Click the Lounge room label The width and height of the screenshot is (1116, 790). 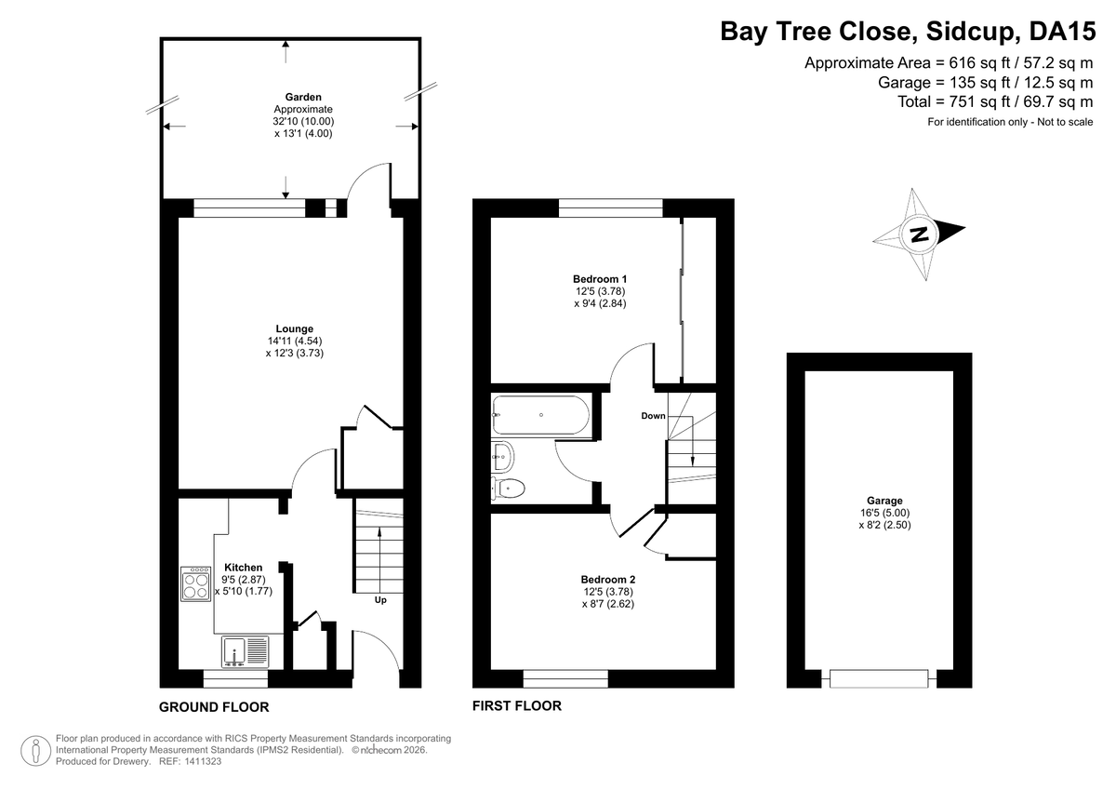coord(295,329)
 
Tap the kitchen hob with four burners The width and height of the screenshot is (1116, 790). coord(196,584)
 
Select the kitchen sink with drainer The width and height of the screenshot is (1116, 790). coord(246,651)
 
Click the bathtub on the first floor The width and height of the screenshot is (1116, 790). coord(541,415)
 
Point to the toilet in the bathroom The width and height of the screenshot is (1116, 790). coord(508,489)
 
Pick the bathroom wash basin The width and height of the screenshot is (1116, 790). coord(502,456)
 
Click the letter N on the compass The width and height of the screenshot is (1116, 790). coord(919,234)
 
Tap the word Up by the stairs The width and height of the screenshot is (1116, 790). coord(380,599)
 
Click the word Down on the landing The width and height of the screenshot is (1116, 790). coord(653,416)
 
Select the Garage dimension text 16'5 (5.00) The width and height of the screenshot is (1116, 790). coord(884,513)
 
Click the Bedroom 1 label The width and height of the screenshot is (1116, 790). coord(600,279)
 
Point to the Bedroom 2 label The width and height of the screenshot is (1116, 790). coord(608,580)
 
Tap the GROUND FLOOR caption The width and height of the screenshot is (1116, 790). coord(214,707)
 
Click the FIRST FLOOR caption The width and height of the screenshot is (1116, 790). coord(517,705)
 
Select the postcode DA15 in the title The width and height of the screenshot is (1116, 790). coord(1062,31)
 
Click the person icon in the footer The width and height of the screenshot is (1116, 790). coord(36,751)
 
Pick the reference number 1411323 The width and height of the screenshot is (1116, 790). coord(203,761)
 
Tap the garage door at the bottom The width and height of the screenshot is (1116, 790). coord(879,679)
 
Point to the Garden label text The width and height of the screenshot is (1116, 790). coord(303,97)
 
